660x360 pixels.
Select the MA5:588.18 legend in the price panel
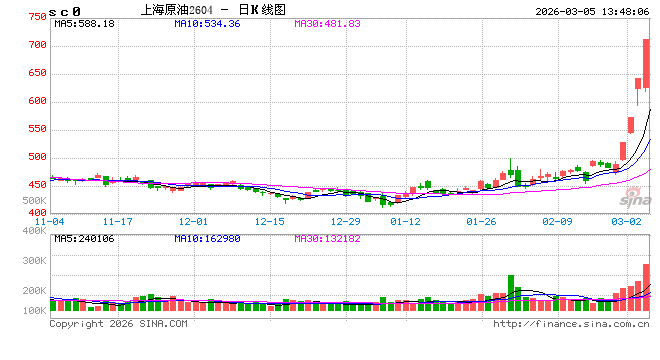click(x=84, y=23)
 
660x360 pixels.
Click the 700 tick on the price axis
click(x=37, y=45)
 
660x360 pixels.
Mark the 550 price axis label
click(x=37, y=129)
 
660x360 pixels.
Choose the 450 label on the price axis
click(x=37, y=185)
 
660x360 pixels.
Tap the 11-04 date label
click(x=50, y=221)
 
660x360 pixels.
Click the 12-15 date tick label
click(x=270, y=221)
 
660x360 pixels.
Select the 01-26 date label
click(x=481, y=221)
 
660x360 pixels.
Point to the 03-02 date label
click(x=626, y=221)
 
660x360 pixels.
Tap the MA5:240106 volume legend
click(x=84, y=239)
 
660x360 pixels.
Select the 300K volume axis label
click(x=34, y=261)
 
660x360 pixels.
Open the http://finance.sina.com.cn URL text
click(x=571, y=324)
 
